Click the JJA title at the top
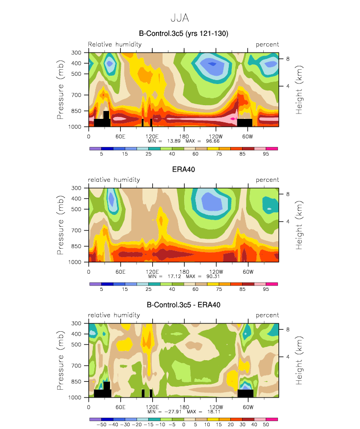click(x=180, y=18)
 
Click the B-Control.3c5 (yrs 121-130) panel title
click(x=183, y=33)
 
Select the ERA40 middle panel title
click(x=183, y=170)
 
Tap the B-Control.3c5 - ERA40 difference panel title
click(x=183, y=305)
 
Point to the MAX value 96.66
click(x=213, y=141)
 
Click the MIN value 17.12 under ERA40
click(x=174, y=276)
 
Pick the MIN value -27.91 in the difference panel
click(x=173, y=412)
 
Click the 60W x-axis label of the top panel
click(x=248, y=137)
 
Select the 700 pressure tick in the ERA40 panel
click(x=77, y=230)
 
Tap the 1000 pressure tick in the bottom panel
click(x=75, y=397)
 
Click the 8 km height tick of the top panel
click(x=288, y=59)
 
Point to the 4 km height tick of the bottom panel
click(x=288, y=357)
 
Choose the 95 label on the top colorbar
click(x=266, y=154)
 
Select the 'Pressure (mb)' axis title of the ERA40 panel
click(x=60, y=225)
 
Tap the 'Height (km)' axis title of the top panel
click(x=299, y=90)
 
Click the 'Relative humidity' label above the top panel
click(x=115, y=44)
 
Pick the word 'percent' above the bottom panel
click(x=267, y=315)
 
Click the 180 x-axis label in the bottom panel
click(x=184, y=407)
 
